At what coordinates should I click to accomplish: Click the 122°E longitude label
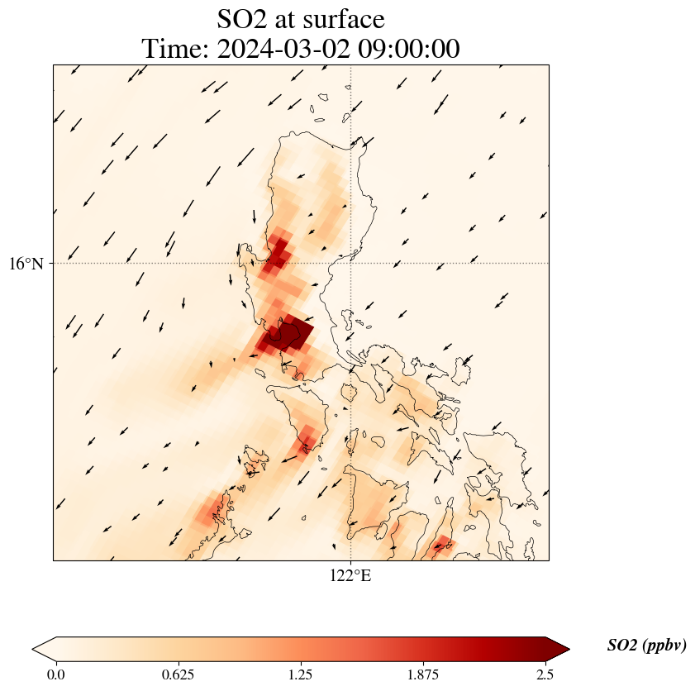pyautogui.click(x=350, y=576)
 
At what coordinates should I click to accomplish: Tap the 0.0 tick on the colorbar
pyautogui.click(x=56, y=674)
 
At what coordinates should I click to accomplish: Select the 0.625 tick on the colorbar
pyautogui.click(x=178, y=674)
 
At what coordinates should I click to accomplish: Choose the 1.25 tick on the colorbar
pyautogui.click(x=300, y=674)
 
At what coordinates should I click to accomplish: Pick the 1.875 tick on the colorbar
pyautogui.click(x=423, y=674)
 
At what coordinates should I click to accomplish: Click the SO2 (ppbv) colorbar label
pyautogui.click(x=646, y=646)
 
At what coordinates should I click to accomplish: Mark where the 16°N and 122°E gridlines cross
pyautogui.click(x=351, y=263)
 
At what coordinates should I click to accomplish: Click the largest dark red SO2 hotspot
pyautogui.click(x=288, y=336)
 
